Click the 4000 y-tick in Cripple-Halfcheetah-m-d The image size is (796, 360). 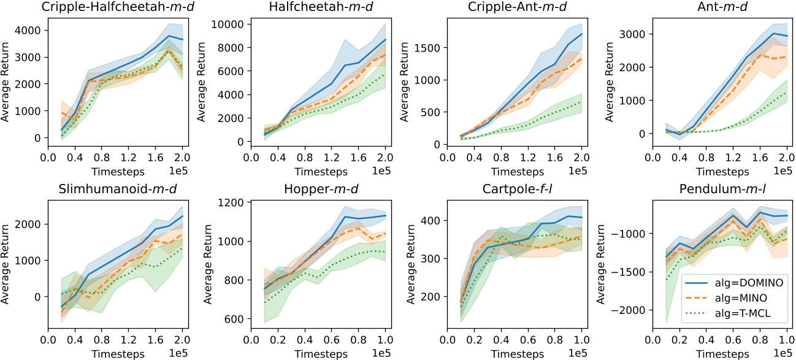[x=29, y=30]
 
